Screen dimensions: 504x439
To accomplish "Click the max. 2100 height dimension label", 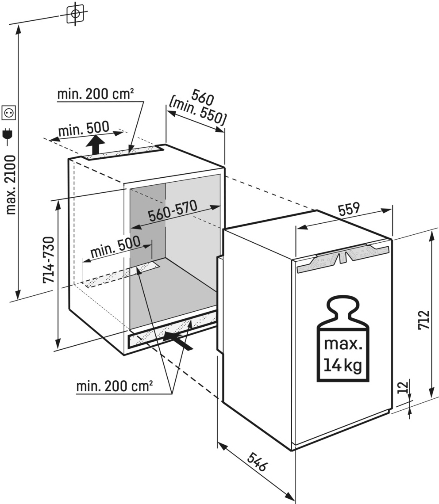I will (x=11, y=184).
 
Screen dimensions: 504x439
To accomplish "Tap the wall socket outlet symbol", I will (x=9, y=113).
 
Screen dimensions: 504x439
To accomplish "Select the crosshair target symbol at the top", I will (x=76, y=14).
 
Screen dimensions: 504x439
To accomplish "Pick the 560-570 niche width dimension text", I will (x=172, y=212).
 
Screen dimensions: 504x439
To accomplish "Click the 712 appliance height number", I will (x=424, y=320).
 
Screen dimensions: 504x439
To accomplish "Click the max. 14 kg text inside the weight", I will (x=343, y=354).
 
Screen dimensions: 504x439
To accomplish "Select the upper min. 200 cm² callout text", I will (x=95, y=94).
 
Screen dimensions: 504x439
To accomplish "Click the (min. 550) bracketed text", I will (x=197, y=112).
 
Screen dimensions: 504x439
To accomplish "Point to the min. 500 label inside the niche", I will (x=115, y=246).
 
